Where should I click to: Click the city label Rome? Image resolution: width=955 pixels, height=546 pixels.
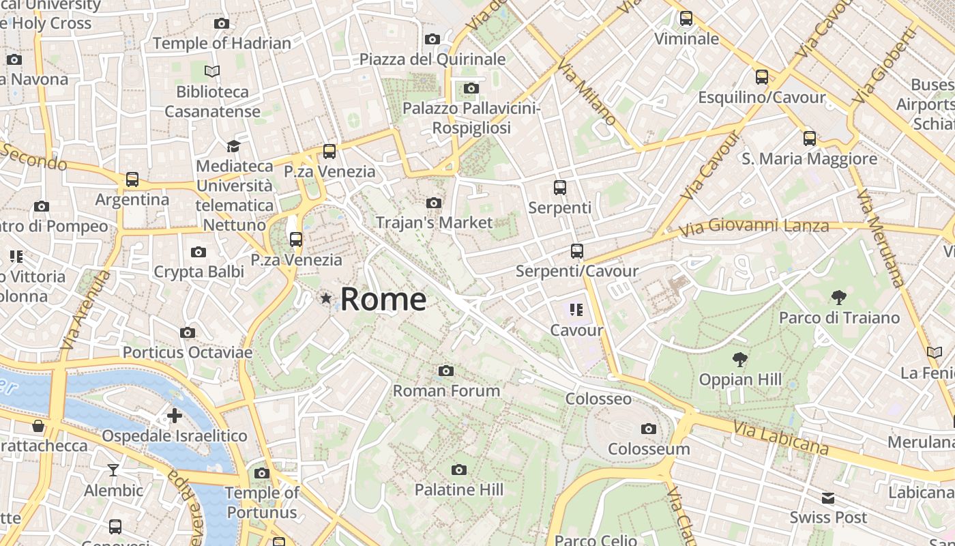tap(383, 300)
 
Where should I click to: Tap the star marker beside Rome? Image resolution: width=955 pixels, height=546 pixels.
tap(326, 298)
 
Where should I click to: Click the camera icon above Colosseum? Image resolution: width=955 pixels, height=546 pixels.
tap(648, 429)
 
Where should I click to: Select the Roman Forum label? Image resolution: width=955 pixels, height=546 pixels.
tap(446, 391)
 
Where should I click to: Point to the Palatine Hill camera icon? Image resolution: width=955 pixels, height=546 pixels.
tap(459, 470)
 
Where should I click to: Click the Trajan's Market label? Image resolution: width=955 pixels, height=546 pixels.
tap(434, 222)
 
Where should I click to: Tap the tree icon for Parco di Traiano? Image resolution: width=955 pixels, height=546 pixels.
tap(839, 297)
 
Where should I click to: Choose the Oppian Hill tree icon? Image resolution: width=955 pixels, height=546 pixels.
tap(739, 359)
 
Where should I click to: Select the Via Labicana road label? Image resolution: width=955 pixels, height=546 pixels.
tap(781, 437)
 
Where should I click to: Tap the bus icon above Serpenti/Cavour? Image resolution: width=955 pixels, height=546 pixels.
tap(577, 251)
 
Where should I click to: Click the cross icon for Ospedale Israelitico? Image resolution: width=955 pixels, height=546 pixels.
tap(175, 415)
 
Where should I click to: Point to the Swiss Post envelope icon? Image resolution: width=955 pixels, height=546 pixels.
tap(828, 498)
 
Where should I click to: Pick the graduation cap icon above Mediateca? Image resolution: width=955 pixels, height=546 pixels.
tap(233, 146)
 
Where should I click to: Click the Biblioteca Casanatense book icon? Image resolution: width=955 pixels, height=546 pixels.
tap(212, 71)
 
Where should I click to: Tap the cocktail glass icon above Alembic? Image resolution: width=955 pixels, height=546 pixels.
tap(113, 470)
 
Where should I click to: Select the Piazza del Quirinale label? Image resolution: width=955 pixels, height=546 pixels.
tap(432, 59)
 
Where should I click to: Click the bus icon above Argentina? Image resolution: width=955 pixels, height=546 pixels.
tap(132, 179)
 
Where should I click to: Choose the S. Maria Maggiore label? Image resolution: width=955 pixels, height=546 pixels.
tap(809, 159)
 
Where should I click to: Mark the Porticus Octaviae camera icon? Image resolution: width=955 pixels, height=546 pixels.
tap(187, 332)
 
